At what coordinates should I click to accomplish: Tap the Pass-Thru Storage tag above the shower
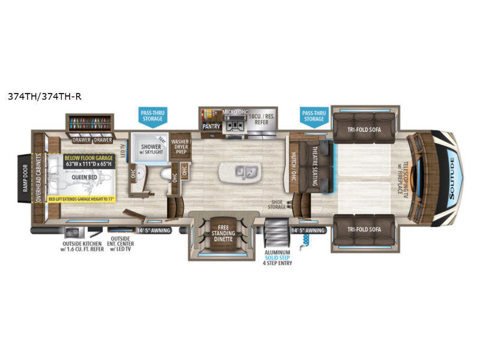coord(151,116)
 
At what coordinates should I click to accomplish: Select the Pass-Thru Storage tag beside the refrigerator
coord(313,116)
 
